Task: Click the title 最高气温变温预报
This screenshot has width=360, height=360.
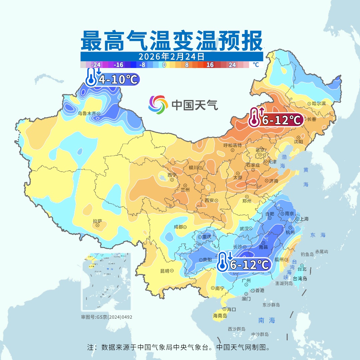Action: (x=172, y=40)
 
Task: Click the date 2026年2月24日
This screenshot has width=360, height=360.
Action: (x=172, y=56)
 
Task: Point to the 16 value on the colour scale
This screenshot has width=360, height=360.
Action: (x=210, y=65)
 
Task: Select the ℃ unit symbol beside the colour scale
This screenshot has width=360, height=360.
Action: (x=255, y=65)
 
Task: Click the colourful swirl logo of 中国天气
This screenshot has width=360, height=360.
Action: (x=158, y=105)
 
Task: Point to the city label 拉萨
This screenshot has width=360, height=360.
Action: (x=97, y=221)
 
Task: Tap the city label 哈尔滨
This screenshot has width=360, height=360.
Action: (x=319, y=104)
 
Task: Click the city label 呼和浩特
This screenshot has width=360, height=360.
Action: (x=232, y=145)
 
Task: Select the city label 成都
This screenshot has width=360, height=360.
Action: (x=178, y=227)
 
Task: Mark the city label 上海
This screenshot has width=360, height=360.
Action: (x=304, y=219)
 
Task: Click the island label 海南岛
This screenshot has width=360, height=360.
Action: (x=220, y=315)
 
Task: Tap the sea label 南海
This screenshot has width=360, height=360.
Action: (x=267, y=321)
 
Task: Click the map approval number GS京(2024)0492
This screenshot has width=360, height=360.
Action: (x=107, y=317)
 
